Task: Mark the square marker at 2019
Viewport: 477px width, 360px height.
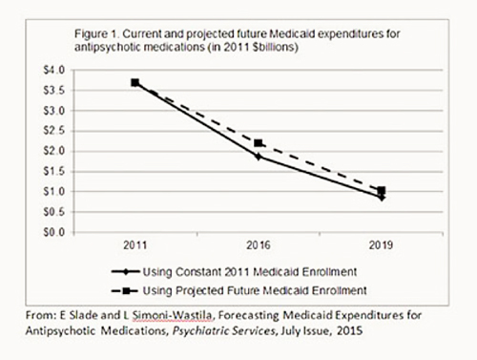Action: [x=381, y=191]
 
